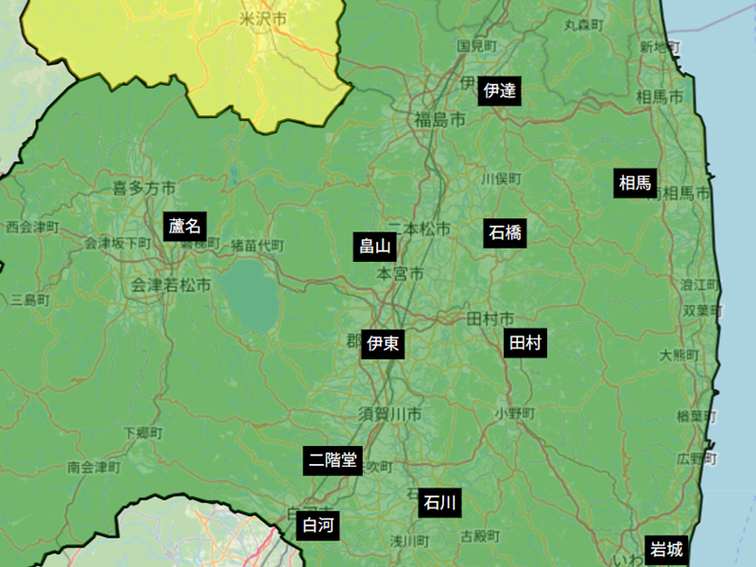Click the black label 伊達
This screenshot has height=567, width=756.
(x=499, y=91)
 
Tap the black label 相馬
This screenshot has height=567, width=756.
(x=635, y=183)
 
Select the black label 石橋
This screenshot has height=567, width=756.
(x=506, y=232)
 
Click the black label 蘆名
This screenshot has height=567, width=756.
(x=185, y=226)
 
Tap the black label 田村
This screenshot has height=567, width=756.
(x=525, y=343)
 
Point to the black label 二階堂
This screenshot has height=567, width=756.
(x=332, y=460)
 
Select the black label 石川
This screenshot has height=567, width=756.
(x=439, y=502)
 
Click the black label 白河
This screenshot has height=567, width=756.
(x=317, y=526)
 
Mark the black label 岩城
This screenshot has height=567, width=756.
(x=664, y=549)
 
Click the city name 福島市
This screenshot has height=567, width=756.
(x=439, y=120)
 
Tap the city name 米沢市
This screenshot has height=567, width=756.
(x=263, y=19)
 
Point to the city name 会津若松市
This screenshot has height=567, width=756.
(x=169, y=284)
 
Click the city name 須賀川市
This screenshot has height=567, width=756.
(x=389, y=414)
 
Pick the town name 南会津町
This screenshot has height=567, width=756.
(x=94, y=467)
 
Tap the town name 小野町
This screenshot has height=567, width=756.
(x=515, y=414)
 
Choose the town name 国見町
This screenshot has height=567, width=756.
(x=476, y=45)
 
